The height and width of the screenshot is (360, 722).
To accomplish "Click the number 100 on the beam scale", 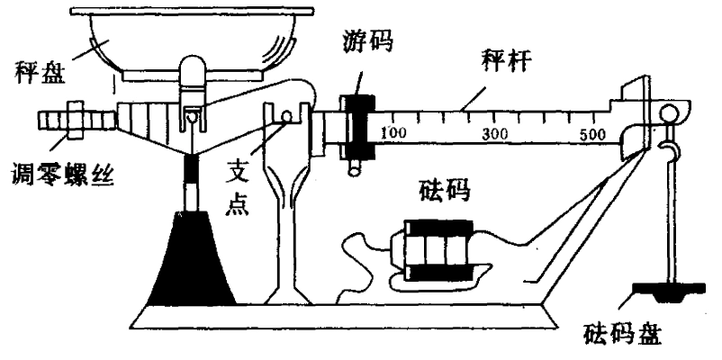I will point(393,133).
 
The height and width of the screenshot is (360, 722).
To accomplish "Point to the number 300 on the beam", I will point(496,134).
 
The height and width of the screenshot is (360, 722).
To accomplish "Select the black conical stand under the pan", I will point(192,261).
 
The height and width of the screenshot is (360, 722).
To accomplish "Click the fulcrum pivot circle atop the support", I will point(285,117).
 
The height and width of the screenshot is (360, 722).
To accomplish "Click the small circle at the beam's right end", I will point(671,114).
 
